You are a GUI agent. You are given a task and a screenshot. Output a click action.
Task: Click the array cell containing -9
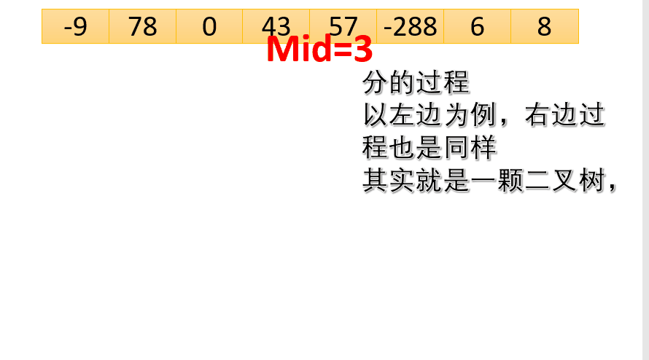[75, 26]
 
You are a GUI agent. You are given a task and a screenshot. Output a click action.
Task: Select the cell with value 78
[142, 26]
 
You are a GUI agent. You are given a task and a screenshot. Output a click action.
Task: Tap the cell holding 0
[209, 26]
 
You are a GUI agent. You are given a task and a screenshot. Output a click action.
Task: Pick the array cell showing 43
[276, 26]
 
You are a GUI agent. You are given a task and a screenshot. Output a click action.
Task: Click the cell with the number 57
[343, 26]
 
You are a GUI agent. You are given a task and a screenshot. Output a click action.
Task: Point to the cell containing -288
[411, 26]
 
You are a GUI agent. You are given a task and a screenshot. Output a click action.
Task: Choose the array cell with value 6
[478, 26]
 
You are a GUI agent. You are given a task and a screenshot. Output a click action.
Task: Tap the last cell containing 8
[545, 26]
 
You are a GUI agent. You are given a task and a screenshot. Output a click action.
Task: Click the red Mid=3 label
[319, 50]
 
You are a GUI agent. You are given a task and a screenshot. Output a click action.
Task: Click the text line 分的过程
[416, 83]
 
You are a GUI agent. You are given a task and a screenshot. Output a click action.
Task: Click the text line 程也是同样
[430, 149]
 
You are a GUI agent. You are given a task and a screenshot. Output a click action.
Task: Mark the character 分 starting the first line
[375, 83]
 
